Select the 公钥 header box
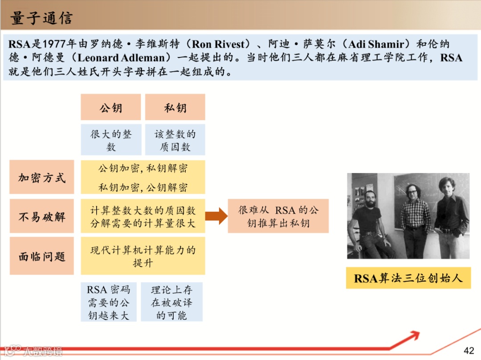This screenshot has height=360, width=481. (110, 107)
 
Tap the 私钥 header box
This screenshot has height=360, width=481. (175, 107)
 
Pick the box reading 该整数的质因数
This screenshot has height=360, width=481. (175, 140)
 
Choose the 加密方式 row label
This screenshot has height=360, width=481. (42, 177)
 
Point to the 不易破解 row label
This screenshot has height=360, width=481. (42, 216)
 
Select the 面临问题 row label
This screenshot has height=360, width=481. (42, 256)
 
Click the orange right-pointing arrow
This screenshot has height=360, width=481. (216, 216)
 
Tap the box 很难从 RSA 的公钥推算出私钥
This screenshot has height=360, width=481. (278, 216)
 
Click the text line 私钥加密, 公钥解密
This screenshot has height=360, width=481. (143, 187)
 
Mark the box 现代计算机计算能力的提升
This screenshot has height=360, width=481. (143, 256)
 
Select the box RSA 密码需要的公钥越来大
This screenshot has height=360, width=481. (108, 302)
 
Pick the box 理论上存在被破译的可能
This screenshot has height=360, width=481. (171, 302)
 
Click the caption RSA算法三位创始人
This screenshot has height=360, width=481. (408, 278)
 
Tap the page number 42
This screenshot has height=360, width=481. (469, 350)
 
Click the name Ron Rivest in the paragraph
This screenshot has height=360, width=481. (219, 44)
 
